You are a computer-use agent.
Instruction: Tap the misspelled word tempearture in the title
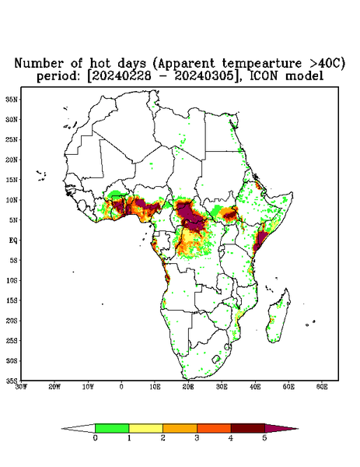[x=262, y=64]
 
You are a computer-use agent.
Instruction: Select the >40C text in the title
[x=326, y=63]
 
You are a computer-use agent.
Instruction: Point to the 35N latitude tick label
[x=12, y=100]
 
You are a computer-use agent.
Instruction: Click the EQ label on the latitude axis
[x=13, y=240]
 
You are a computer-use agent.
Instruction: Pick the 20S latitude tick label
[x=12, y=321]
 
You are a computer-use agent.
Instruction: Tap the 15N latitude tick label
[x=12, y=180]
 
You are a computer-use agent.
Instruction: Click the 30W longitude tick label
[x=21, y=387]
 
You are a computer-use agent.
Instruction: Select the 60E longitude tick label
[x=322, y=387]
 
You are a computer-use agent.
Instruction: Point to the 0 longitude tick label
[x=121, y=387]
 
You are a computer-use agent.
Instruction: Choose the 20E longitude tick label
[x=188, y=387]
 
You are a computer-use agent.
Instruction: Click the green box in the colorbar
[x=112, y=428]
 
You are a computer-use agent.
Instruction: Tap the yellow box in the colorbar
[x=145, y=428]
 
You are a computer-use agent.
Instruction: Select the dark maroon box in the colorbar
[x=248, y=428]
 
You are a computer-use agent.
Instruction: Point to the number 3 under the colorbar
[x=197, y=438]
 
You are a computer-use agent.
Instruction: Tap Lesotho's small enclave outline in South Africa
[x=216, y=359]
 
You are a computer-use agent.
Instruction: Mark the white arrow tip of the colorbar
[x=62, y=429]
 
